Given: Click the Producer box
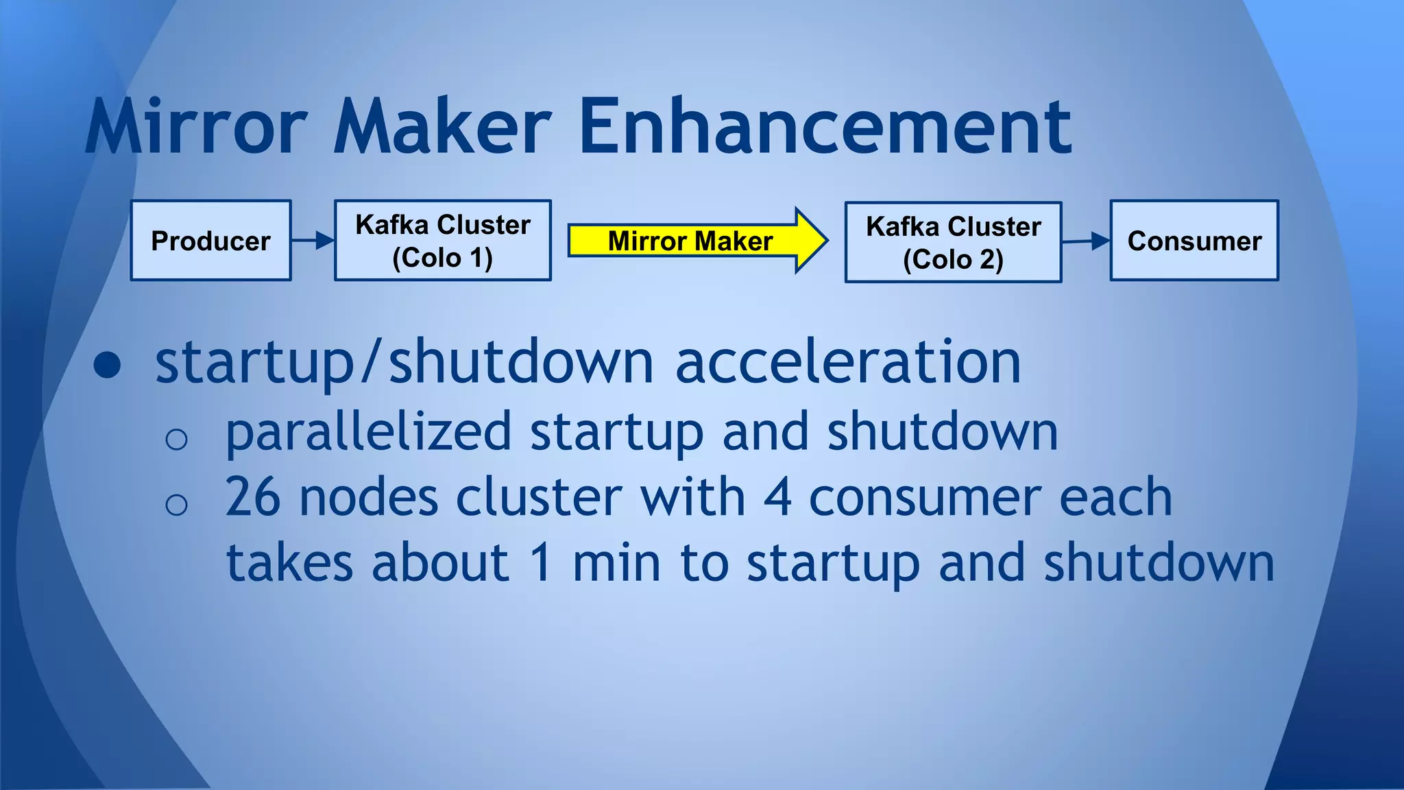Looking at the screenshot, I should click(210, 241).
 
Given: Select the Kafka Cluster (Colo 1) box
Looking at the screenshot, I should click(442, 241).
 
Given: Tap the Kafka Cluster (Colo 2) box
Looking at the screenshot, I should click(953, 242).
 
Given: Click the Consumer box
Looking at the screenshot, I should click(1194, 241).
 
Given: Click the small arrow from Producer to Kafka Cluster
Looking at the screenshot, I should click(313, 240).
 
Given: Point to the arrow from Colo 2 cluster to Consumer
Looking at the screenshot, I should click(1086, 241).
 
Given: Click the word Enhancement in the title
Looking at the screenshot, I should click(825, 128).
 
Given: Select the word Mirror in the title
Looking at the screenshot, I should click(197, 128).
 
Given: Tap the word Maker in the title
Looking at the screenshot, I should click(442, 128).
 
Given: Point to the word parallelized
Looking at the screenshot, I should click(368, 432).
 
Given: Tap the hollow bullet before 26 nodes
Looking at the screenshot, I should click(176, 505).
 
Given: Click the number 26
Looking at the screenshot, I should click(252, 497).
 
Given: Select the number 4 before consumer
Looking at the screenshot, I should click(777, 497).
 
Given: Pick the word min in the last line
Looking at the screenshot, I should click(616, 562).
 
